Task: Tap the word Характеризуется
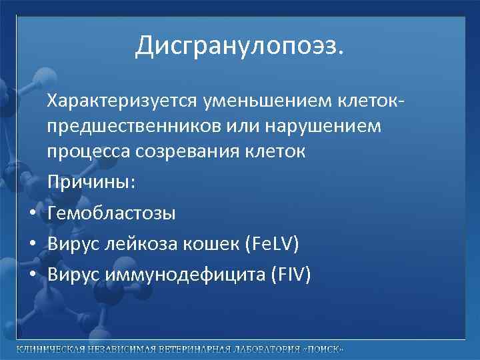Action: click(x=114, y=102)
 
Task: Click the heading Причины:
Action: click(x=91, y=182)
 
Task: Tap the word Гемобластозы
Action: click(x=111, y=213)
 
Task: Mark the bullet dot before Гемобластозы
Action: click(x=32, y=214)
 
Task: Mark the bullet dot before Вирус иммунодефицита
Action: click(x=32, y=275)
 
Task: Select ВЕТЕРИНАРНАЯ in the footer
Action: click(x=193, y=350)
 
